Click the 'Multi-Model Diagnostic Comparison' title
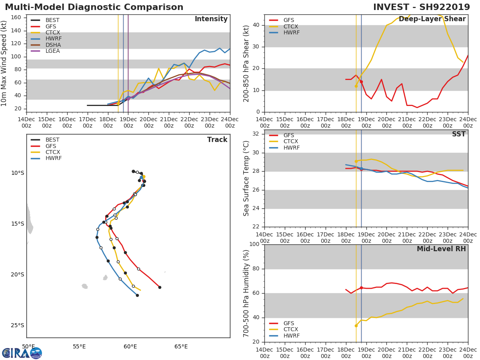94,7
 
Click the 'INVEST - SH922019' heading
424,7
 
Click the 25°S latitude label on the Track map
17,326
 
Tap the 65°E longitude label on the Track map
181,346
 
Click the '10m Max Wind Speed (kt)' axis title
4,63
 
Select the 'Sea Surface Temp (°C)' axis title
246,178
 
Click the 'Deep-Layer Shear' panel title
432,19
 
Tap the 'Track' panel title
217,140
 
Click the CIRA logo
22,353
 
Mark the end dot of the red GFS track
160,287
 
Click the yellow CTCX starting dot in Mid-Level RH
356,326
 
